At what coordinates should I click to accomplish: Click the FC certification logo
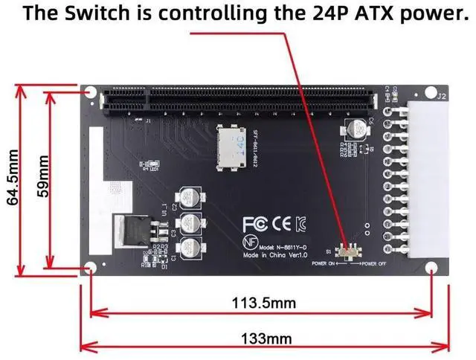click(x=253, y=223)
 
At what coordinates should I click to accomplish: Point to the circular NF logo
click(x=251, y=242)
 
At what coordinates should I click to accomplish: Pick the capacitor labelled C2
click(x=191, y=199)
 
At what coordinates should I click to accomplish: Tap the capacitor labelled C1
click(x=191, y=248)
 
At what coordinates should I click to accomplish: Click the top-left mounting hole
click(x=91, y=93)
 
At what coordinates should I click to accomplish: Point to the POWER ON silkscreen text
click(x=323, y=264)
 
